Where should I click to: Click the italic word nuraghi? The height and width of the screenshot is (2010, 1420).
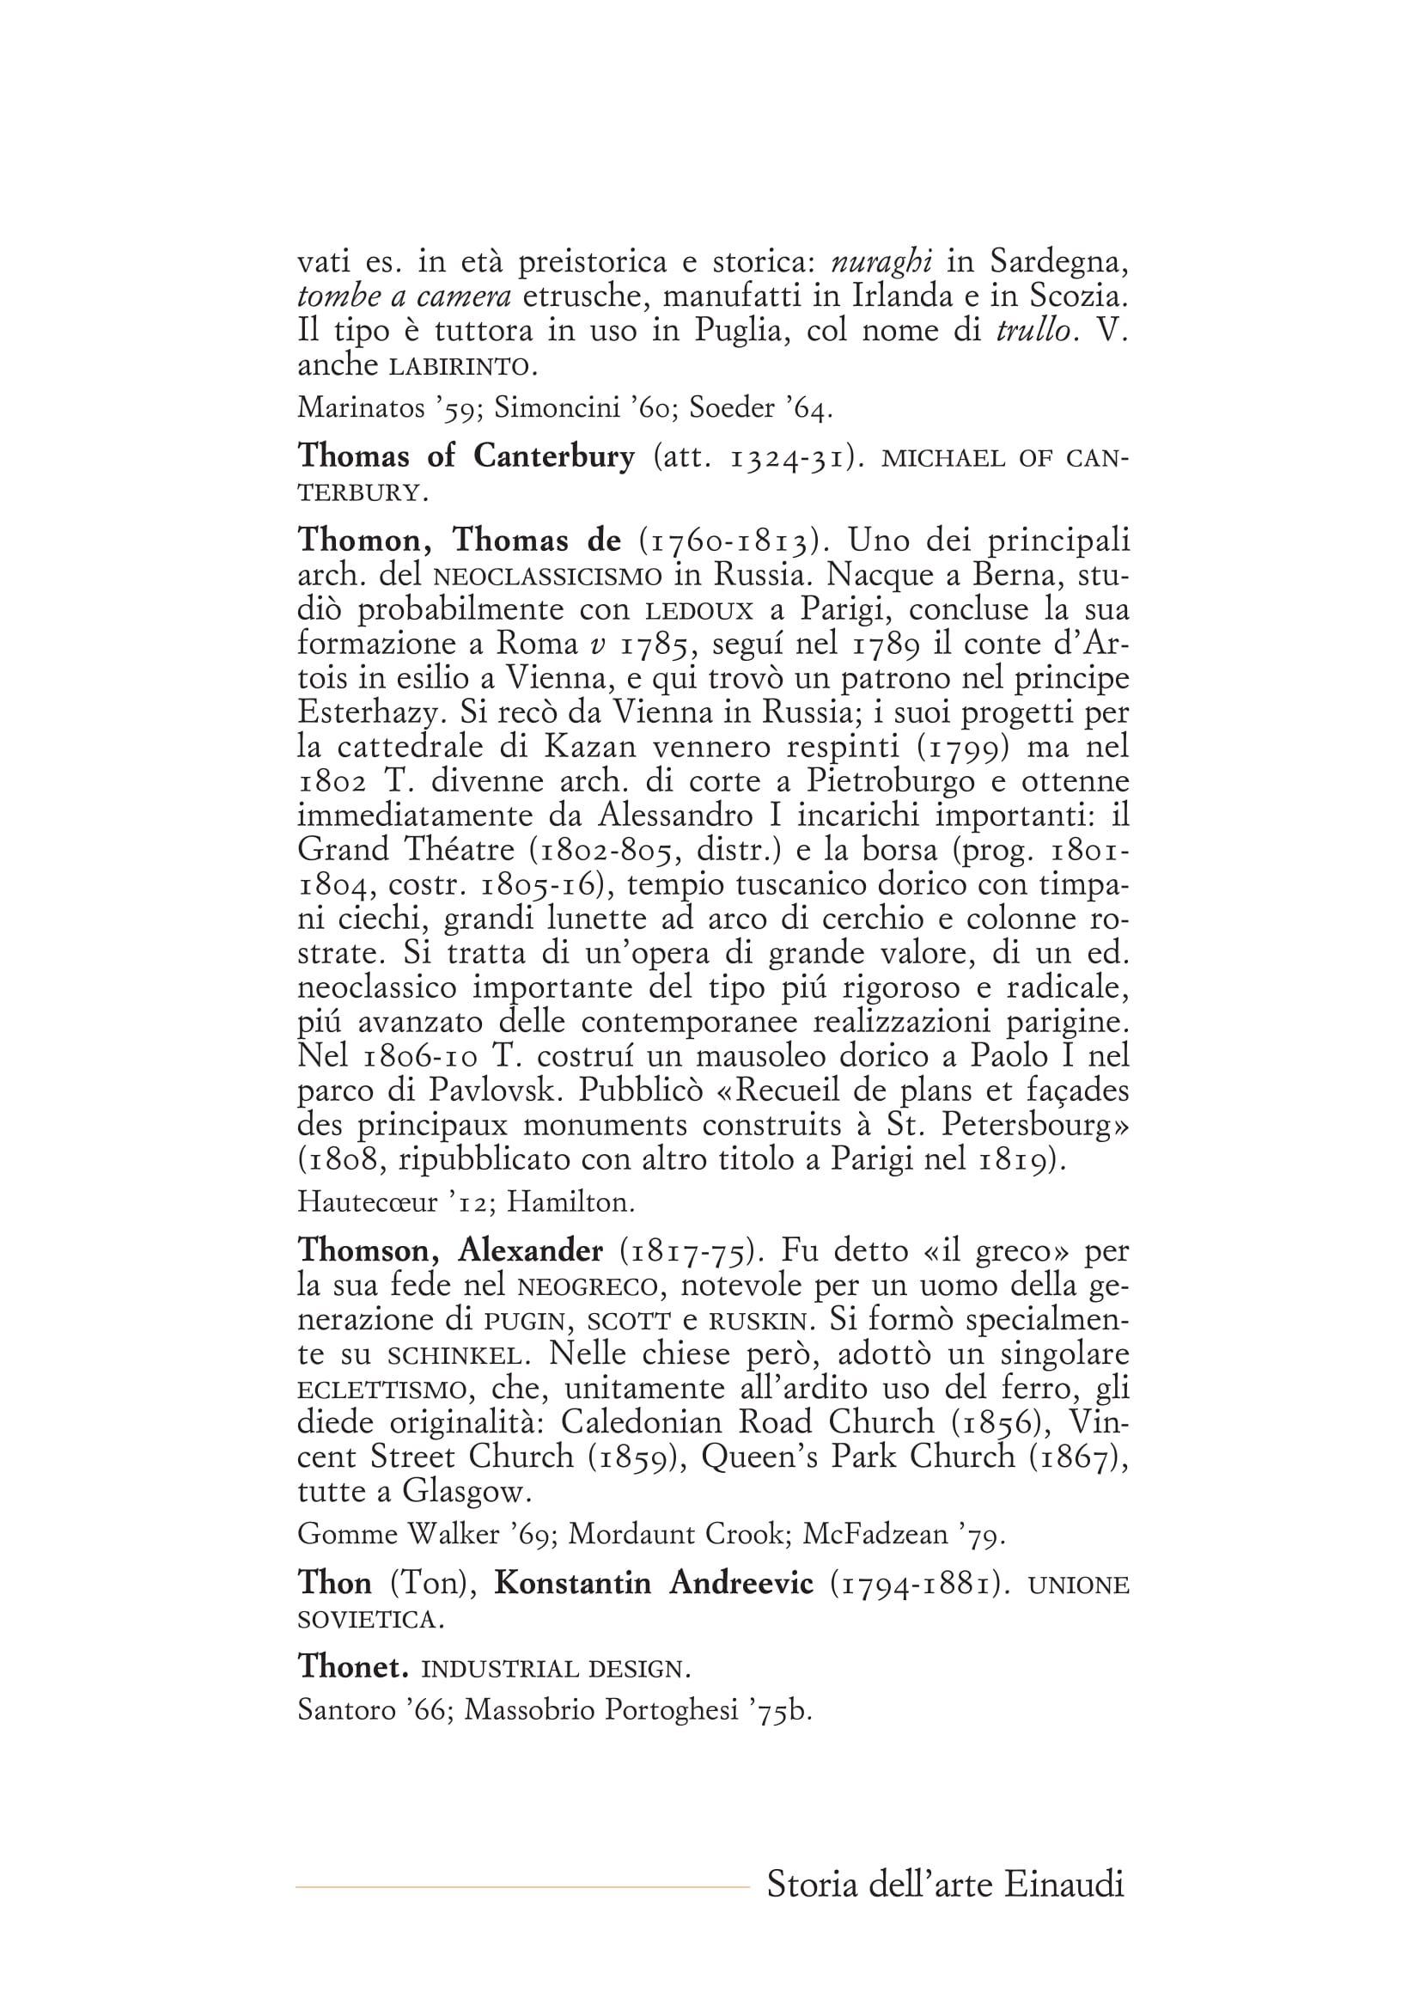point(881,262)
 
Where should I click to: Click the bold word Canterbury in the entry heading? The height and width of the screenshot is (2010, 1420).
point(554,456)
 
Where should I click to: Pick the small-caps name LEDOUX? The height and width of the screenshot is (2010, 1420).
point(698,610)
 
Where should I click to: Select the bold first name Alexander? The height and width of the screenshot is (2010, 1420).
point(530,1251)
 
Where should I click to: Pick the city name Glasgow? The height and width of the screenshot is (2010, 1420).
point(466,1491)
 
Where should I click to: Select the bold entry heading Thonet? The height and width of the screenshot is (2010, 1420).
point(352,1666)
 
